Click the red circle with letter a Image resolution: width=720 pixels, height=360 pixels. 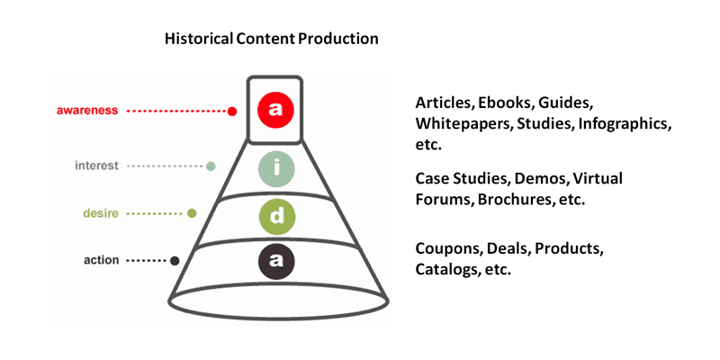coord(275,111)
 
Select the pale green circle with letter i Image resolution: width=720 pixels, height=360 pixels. coord(275,168)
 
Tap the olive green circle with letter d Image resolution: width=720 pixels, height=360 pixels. coord(276,217)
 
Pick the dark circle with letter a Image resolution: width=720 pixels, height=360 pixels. coord(276,261)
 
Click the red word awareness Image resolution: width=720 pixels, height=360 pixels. coord(86,111)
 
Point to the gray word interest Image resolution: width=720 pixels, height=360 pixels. coord(96,166)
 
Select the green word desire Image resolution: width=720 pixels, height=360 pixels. coord(101,213)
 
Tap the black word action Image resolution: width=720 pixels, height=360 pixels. coord(101,260)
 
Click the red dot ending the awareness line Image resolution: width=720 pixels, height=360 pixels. coord(232,111)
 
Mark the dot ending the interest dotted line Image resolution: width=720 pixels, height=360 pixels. coord(211,166)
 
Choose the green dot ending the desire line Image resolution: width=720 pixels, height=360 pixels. coord(192,213)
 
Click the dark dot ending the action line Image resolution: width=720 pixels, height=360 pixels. coord(174,261)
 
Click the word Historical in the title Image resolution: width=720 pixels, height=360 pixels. coord(199,39)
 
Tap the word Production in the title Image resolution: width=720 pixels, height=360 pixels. coord(338,39)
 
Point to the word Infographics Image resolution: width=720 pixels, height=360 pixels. coord(625,125)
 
